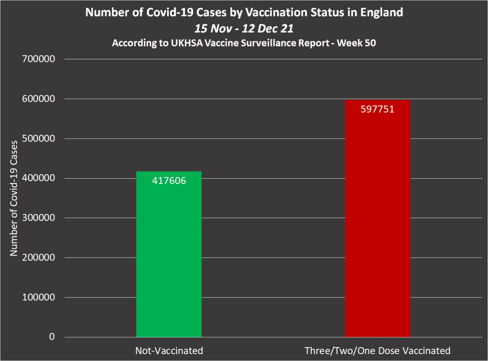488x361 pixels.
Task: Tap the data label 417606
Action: click(169, 181)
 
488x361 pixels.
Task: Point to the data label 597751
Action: click(377, 109)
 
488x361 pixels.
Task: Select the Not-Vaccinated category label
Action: click(169, 350)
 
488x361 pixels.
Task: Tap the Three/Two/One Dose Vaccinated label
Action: click(377, 350)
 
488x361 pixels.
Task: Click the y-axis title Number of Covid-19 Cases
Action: click(14, 198)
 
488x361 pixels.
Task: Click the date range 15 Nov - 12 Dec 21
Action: click(244, 28)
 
